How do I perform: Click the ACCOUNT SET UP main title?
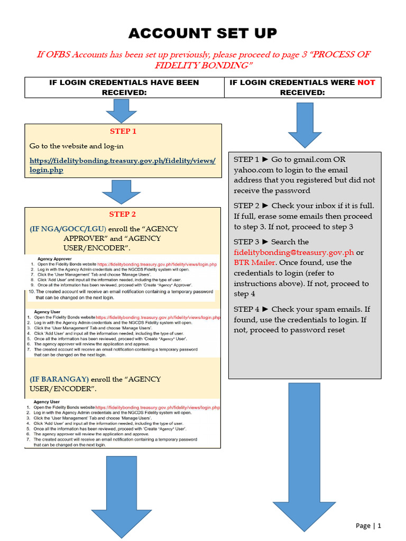pyautogui.click(x=203, y=33)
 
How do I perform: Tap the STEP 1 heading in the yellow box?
pyautogui.click(x=123, y=132)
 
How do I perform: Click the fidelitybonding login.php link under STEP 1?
pyautogui.click(x=122, y=165)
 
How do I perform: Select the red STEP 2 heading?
pyautogui.click(x=123, y=214)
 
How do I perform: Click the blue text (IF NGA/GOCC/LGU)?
pyautogui.click(x=68, y=229)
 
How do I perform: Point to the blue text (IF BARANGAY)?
pyautogui.click(x=59, y=379)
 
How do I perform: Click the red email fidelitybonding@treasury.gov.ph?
pyautogui.click(x=294, y=252)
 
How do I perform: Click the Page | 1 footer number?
pyautogui.click(x=368, y=525)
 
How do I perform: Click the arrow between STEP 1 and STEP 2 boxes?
pyautogui.click(x=121, y=191)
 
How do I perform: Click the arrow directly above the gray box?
pyautogui.click(x=304, y=125)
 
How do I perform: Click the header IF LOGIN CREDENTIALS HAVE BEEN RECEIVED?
pyautogui.click(x=124, y=87)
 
